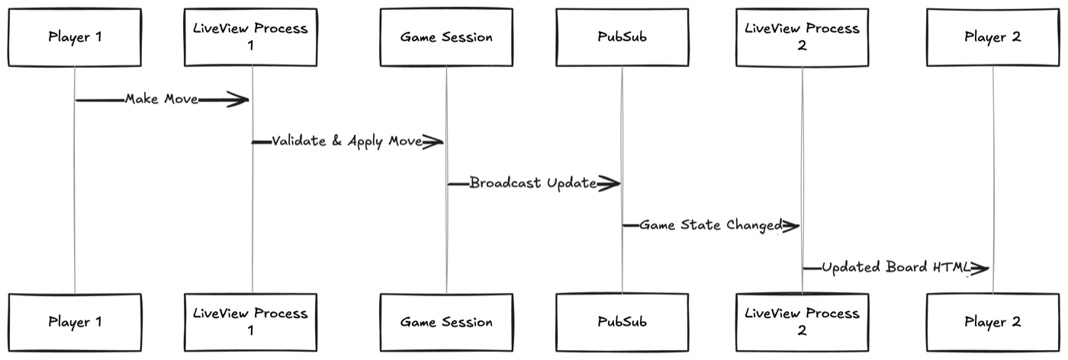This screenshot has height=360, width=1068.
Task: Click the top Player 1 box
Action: (75, 37)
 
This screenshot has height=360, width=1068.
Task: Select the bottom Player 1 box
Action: (75, 322)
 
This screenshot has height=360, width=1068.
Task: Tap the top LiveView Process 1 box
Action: (250, 37)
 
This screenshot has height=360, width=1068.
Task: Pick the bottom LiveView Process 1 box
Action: (250, 322)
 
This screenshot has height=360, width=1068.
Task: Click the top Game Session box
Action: (446, 37)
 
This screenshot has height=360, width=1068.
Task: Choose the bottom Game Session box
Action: (446, 322)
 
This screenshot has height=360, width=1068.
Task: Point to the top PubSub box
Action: (621, 37)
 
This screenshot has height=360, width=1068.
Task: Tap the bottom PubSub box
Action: (621, 322)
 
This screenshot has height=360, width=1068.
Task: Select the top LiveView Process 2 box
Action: (802, 37)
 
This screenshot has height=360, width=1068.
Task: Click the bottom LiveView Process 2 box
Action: (802, 322)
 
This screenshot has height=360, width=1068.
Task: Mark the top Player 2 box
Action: (992, 37)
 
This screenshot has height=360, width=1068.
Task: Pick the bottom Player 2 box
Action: (992, 322)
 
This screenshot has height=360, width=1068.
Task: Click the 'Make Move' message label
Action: (162, 99)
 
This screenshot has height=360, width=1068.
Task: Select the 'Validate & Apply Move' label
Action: (347, 141)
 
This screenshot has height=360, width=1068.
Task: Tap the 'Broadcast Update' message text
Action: (533, 183)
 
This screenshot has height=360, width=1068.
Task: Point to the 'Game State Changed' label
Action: (711, 225)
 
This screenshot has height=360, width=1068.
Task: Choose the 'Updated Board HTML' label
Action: (893, 267)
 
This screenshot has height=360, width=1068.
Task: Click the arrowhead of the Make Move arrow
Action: (240, 99)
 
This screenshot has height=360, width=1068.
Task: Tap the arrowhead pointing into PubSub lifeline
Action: (610, 183)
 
